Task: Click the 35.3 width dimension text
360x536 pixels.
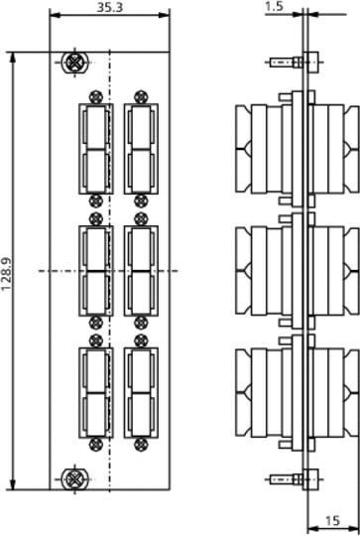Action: coord(96,6)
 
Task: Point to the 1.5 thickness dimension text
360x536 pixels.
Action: coord(276,7)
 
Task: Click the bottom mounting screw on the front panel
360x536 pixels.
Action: coord(72,478)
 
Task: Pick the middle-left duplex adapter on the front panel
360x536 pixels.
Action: coord(95,270)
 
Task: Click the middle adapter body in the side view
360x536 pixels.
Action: coord(269,270)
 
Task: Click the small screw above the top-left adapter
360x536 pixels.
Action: coord(95,97)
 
